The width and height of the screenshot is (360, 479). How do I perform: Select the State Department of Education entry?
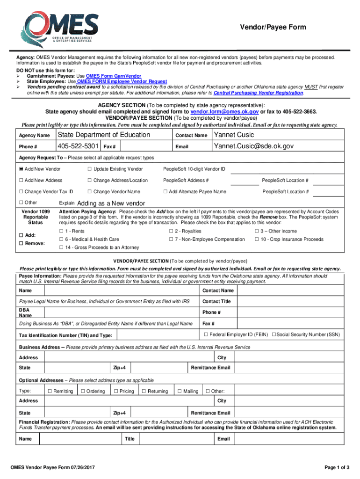point(103,135)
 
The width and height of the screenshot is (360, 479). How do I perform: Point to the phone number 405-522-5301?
point(78,146)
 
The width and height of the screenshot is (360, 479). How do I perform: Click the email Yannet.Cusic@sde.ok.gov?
point(253,146)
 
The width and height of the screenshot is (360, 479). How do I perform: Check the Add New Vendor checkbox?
point(21,169)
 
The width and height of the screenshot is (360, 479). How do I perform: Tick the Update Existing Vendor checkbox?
point(89,169)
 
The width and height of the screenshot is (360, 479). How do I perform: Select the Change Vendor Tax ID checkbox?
point(21,192)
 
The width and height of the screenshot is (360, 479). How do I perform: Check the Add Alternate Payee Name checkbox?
point(165,192)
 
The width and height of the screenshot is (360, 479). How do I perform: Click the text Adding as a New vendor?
point(111,203)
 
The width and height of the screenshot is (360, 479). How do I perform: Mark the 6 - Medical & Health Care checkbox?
point(61,239)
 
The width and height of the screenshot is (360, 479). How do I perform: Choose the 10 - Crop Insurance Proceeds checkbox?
point(257,239)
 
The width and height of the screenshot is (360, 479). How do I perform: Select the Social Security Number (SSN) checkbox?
point(274,334)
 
